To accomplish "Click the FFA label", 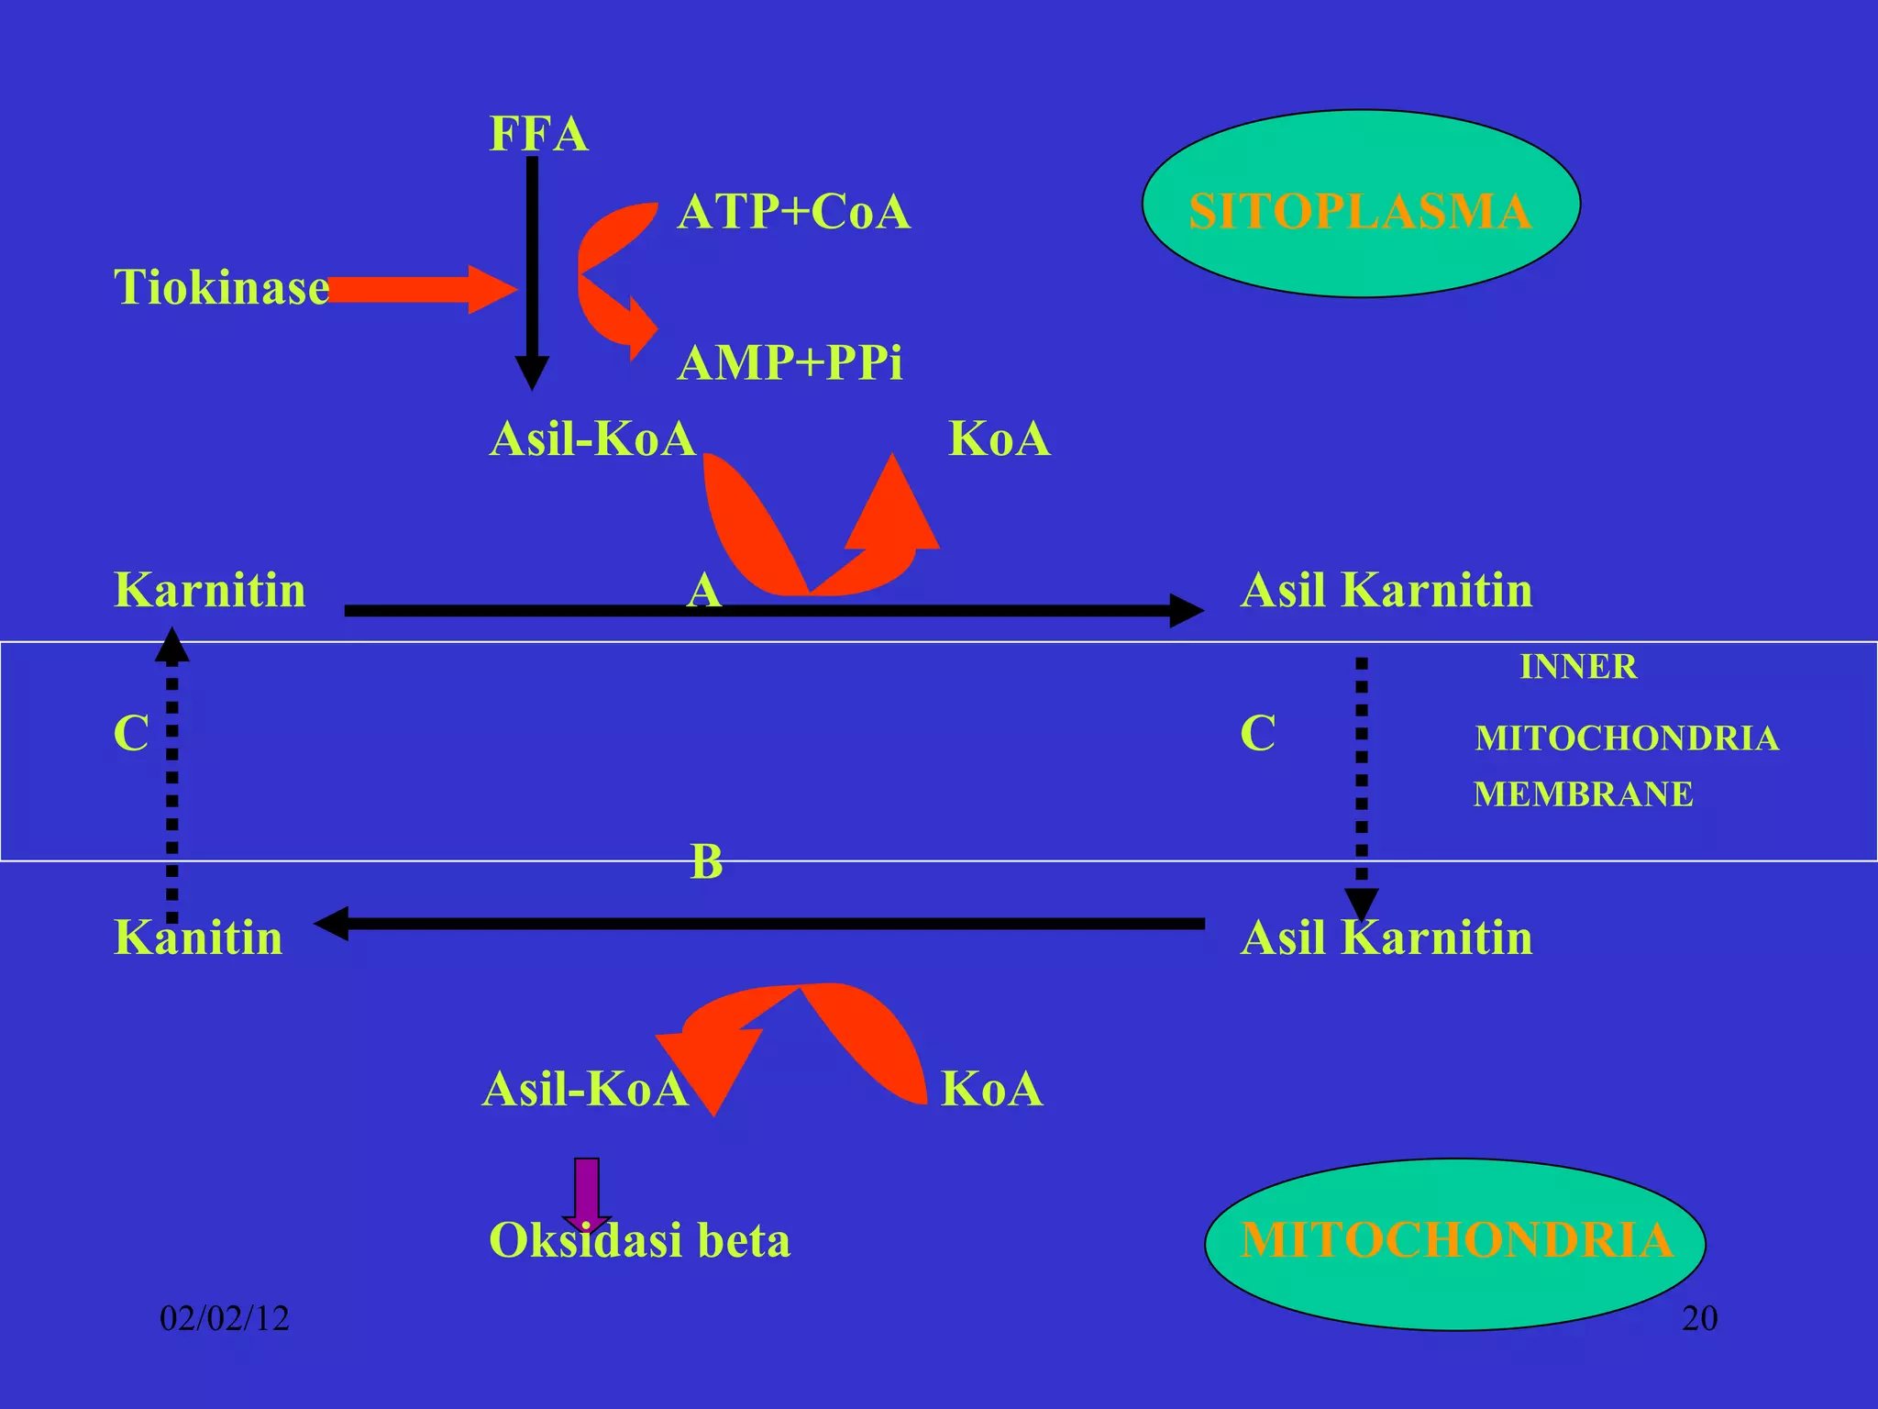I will click(x=538, y=134).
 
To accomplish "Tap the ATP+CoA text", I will click(x=793, y=212).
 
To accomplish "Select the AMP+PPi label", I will click(x=790, y=362).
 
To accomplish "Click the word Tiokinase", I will click(x=221, y=287).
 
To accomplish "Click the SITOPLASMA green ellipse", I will click(x=1361, y=204).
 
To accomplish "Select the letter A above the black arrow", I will click(x=704, y=590).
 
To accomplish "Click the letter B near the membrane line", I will click(x=706, y=862).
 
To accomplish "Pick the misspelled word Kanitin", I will click(x=198, y=937).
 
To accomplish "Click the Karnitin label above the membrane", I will click(x=209, y=590).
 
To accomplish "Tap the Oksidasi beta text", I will click(x=639, y=1240).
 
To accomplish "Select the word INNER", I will click(x=1578, y=667).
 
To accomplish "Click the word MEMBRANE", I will click(x=1583, y=794).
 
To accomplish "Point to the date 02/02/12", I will click(x=225, y=1318).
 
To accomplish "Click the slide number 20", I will click(x=1699, y=1318).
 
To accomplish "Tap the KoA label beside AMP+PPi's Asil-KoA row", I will click(x=999, y=438).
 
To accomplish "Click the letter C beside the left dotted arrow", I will click(x=131, y=733).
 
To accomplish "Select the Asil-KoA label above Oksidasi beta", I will click(x=585, y=1089).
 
